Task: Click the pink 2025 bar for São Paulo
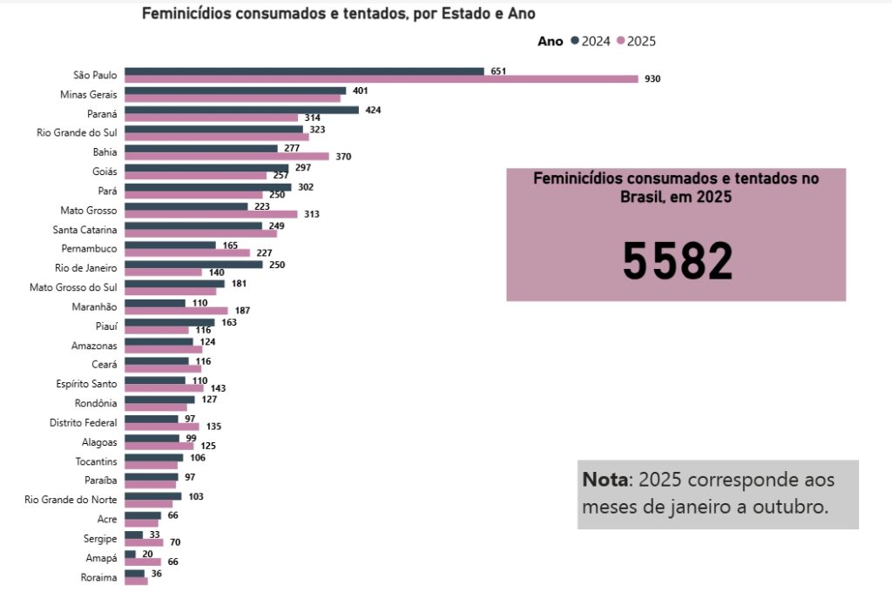[381, 79]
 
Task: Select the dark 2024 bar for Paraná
[241, 110]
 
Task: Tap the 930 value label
[652, 79]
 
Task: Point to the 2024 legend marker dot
[575, 41]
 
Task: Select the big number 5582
[677, 260]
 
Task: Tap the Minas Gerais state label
[88, 94]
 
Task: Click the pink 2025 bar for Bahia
[226, 157]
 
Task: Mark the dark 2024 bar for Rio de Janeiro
[193, 265]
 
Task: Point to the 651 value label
[498, 71]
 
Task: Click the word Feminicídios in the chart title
[188, 14]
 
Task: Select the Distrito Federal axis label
[83, 422]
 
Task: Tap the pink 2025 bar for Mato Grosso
[211, 214]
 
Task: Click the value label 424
[374, 110]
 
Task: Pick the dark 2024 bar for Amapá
[130, 554]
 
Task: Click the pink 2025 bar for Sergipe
[144, 542]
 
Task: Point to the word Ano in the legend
[550, 41]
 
